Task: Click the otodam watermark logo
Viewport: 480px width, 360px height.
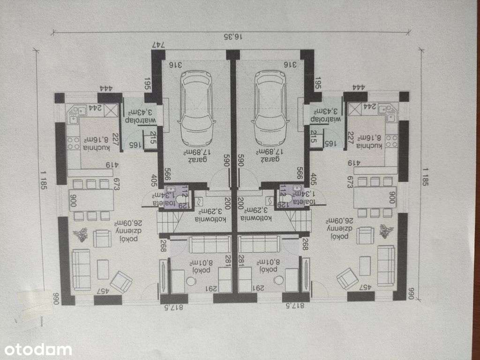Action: pyautogui.click(x=37, y=349)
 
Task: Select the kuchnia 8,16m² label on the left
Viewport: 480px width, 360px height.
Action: pyautogui.click(x=97, y=143)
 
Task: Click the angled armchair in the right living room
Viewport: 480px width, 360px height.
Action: pyautogui.click(x=347, y=279)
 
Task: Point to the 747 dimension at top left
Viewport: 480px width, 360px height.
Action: pyautogui.click(x=159, y=45)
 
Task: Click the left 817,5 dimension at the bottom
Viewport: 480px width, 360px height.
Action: pyautogui.click(x=174, y=308)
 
